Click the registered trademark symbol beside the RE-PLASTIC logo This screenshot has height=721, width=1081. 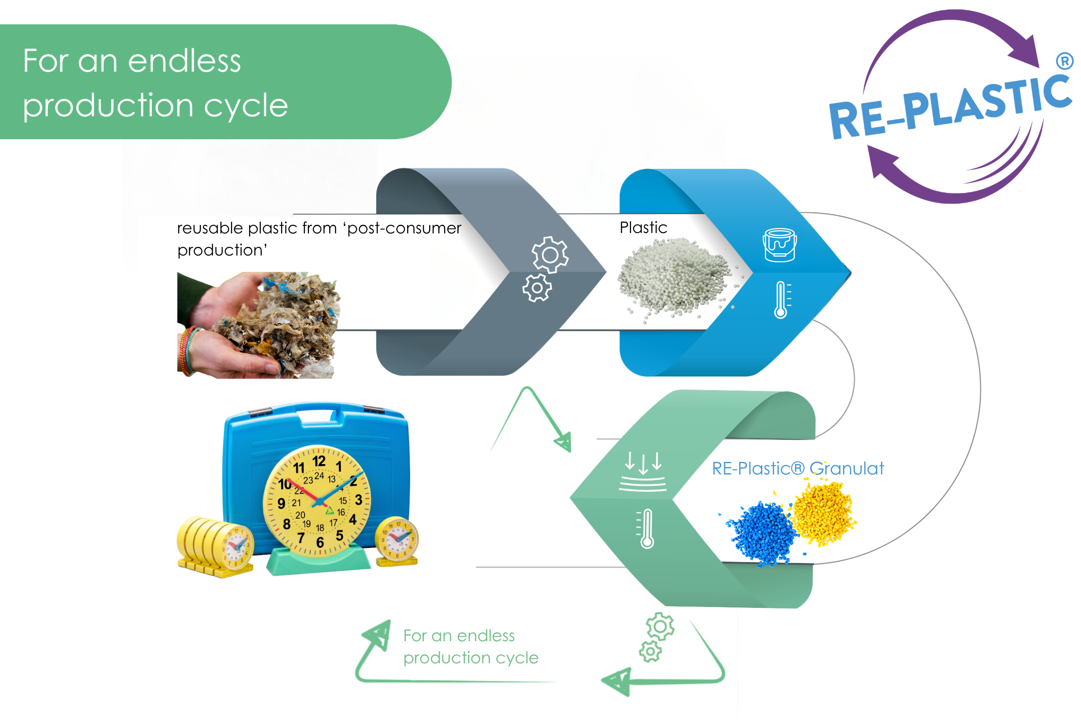point(1064,61)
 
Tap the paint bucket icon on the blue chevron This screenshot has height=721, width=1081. point(780,245)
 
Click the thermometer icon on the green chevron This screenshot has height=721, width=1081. point(646,528)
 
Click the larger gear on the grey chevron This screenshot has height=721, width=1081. point(550,255)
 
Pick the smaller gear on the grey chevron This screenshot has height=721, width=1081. point(536,288)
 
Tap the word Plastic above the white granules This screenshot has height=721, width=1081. point(644,228)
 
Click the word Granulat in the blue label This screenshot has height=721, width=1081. point(847,469)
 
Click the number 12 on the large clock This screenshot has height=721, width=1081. point(319,461)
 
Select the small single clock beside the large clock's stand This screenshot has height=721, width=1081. point(397,541)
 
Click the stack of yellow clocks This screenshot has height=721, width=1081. point(215,547)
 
